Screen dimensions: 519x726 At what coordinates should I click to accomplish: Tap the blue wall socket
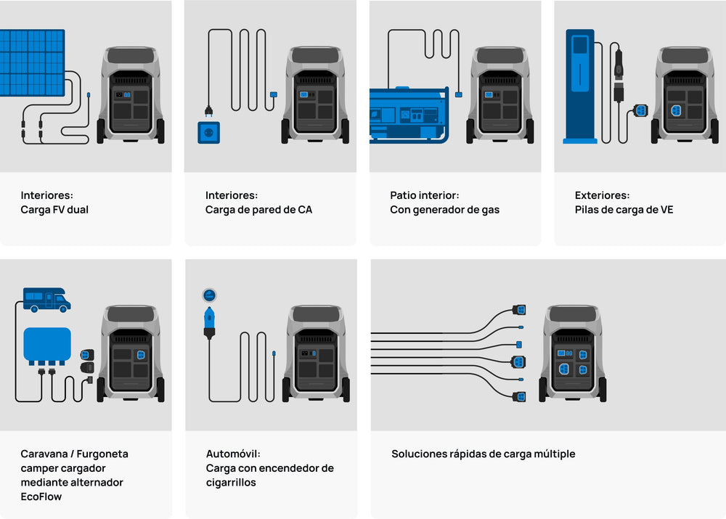[x=208, y=132]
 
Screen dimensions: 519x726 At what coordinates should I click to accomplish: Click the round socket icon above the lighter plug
[x=209, y=295]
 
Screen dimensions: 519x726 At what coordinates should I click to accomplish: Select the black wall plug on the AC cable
[x=208, y=111]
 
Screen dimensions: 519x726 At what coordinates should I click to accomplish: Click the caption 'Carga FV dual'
[x=54, y=210]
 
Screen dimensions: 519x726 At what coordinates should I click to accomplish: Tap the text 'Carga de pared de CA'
[x=258, y=210]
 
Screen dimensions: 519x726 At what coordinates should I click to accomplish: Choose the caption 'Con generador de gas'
[x=444, y=210]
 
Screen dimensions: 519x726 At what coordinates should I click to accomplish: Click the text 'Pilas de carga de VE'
[x=624, y=210]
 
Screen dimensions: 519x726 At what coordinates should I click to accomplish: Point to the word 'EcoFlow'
[x=41, y=496]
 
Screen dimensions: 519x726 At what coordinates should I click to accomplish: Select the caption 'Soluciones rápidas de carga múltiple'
[x=483, y=454]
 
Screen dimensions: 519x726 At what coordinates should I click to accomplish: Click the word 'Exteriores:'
[x=602, y=195]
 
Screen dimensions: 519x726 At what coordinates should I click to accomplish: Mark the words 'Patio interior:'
[x=424, y=195]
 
